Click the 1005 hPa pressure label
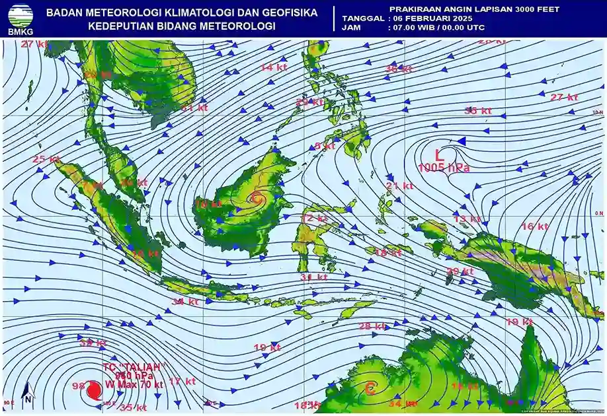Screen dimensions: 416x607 [444, 168]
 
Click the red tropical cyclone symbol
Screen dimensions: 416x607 [94, 390]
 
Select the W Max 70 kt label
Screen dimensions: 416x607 [134, 384]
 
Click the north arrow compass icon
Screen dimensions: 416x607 [27, 394]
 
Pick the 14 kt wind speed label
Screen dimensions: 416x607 [271, 67]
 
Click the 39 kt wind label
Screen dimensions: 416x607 [93, 342]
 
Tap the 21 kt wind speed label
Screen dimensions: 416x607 [399, 186]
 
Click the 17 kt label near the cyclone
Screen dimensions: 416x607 [182, 381]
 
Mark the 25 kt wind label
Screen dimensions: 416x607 [46, 159]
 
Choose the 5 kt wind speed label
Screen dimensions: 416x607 [325, 146]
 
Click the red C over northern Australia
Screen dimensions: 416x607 [370, 389]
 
